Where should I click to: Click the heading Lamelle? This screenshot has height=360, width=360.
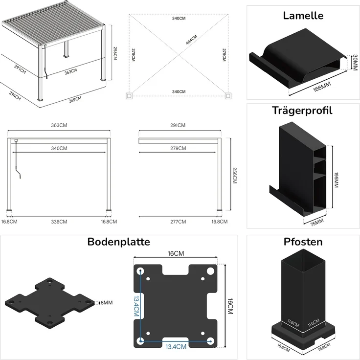pyautogui.click(x=303, y=15)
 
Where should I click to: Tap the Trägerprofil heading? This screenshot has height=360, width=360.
pyautogui.click(x=302, y=110)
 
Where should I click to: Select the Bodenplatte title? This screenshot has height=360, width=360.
pyautogui.click(x=118, y=242)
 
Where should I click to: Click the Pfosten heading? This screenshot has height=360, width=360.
pyautogui.click(x=303, y=242)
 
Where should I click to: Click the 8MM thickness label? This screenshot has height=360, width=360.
pyautogui.click(x=106, y=303)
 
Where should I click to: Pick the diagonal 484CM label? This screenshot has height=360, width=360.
pyautogui.click(x=191, y=43)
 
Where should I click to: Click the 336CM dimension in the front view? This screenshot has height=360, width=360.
pyautogui.click(x=59, y=222)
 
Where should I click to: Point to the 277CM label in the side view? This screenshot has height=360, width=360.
pyautogui.click(x=178, y=222)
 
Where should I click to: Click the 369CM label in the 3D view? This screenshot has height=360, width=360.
pyautogui.click(x=74, y=100)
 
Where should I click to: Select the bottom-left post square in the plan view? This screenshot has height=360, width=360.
pyautogui.click(x=129, y=96)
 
